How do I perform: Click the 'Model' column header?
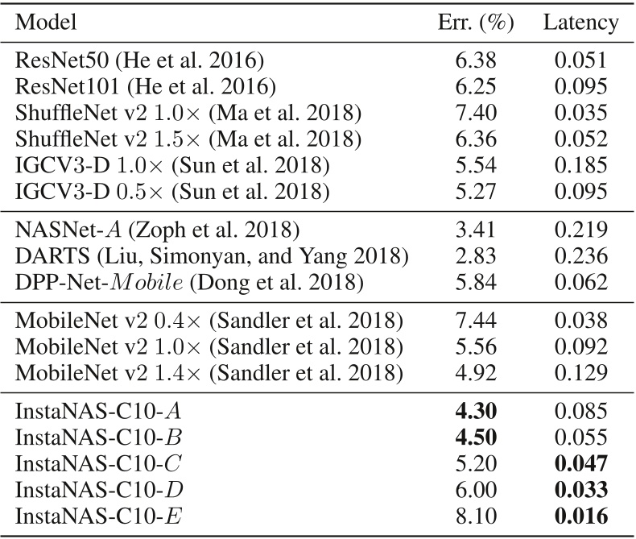[47, 23]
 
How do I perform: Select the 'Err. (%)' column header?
[474, 23]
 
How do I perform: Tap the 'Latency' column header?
[580, 23]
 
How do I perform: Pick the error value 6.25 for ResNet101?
[474, 85]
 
